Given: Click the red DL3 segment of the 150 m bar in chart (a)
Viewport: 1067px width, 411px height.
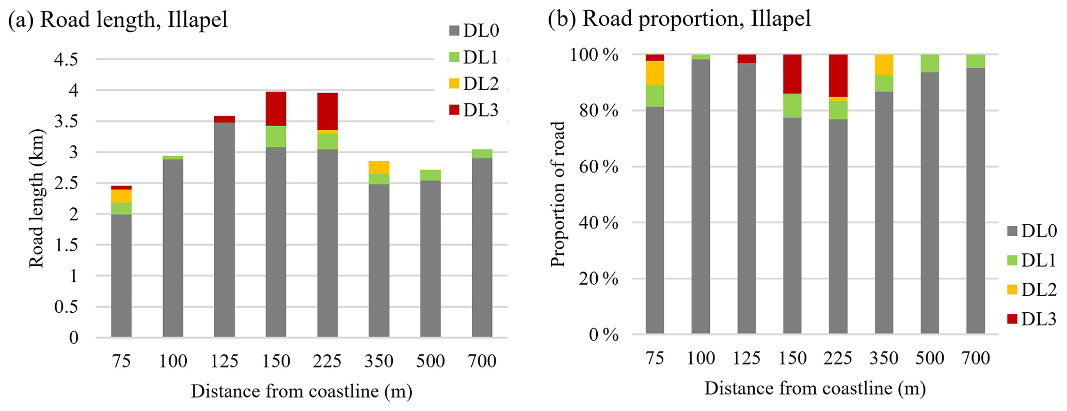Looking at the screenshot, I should pos(276,109).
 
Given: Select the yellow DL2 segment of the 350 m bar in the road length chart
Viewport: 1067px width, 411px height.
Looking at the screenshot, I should pos(379,168).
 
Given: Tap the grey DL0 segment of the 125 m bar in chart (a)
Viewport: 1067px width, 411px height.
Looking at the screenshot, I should pos(225,230).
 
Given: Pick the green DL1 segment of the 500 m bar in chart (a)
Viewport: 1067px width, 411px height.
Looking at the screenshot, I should pos(430,175).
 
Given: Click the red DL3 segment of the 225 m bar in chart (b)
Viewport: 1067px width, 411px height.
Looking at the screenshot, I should pos(838,75).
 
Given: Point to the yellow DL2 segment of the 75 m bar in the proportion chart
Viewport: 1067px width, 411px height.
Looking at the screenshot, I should pos(655,73).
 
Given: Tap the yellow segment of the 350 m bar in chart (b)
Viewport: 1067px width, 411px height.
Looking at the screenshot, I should pos(884,65).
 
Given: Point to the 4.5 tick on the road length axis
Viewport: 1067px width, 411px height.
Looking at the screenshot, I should pos(66,59).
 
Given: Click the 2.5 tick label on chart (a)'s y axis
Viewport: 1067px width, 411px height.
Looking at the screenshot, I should pos(66,183).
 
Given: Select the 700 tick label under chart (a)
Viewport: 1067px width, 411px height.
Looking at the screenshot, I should pos(482,360).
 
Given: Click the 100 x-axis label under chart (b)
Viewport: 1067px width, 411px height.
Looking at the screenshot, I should pos(700,358).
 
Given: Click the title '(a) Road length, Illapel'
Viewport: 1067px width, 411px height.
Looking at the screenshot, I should pos(118,21).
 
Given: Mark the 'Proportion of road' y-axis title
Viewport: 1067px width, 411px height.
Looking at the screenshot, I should pos(558,194).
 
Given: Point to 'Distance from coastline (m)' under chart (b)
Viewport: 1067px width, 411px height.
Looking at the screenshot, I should pos(815,388).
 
